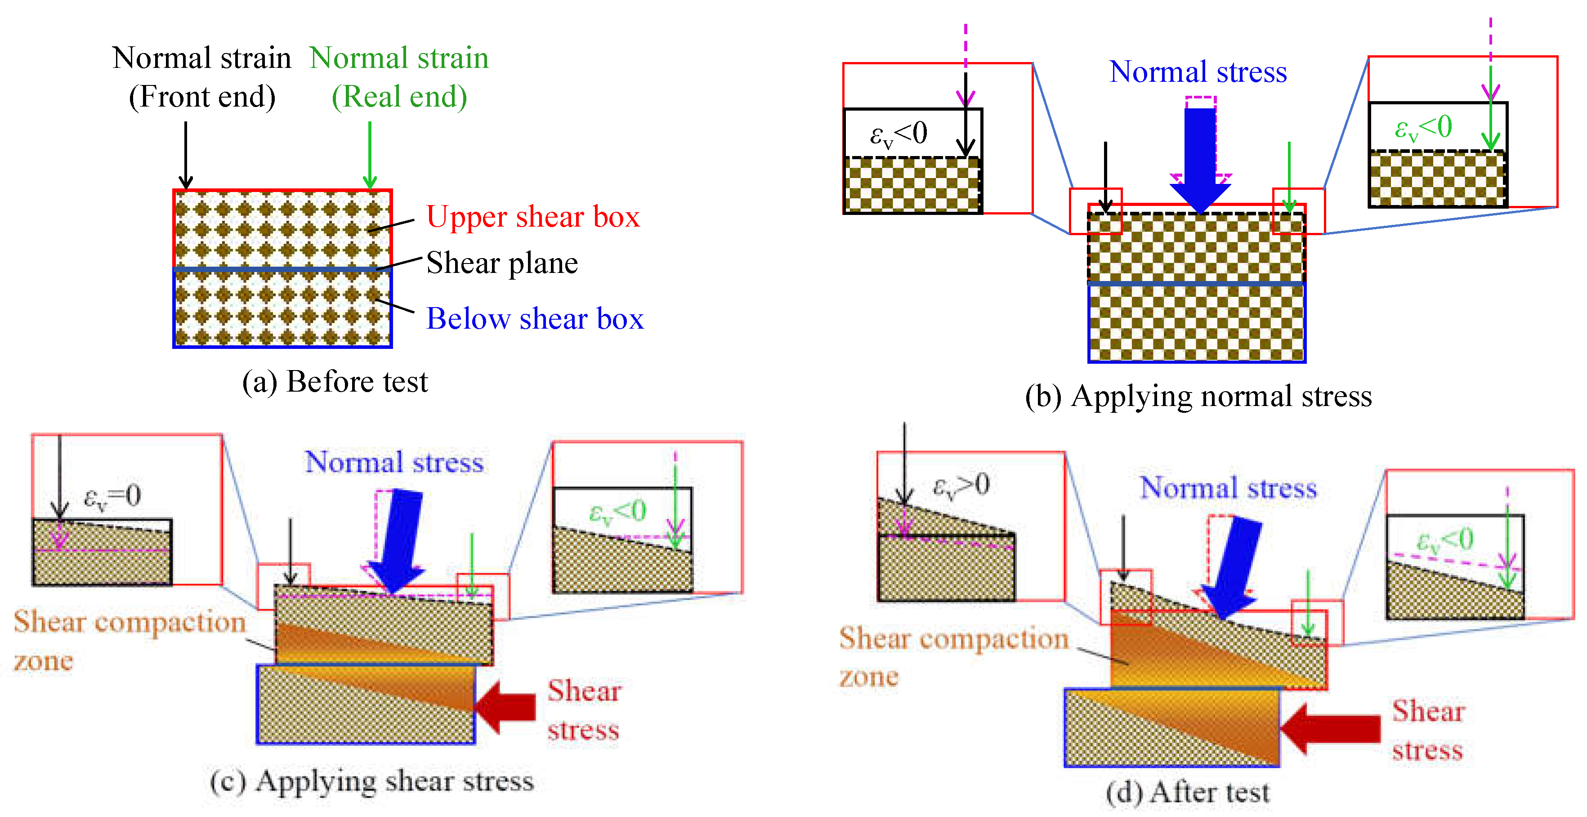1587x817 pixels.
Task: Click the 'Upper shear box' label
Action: pyautogui.click(x=533, y=217)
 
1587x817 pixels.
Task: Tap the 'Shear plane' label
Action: pyautogui.click(x=502, y=263)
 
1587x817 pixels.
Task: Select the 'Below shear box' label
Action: pyautogui.click(x=535, y=318)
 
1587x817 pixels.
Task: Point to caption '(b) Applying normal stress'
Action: pyautogui.click(x=1198, y=396)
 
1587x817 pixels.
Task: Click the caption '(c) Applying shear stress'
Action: pyautogui.click(x=371, y=781)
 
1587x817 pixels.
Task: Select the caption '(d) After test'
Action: pyautogui.click(x=1187, y=792)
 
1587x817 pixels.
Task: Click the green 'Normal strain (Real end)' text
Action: pyautogui.click(x=399, y=77)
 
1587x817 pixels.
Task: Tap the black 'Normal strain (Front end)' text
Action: pyautogui.click(x=201, y=77)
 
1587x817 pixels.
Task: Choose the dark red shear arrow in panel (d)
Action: pyautogui.click(x=1330, y=729)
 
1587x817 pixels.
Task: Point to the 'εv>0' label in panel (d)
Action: pyautogui.click(x=961, y=486)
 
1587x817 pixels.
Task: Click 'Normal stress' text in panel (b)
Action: pyautogui.click(x=1198, y=72)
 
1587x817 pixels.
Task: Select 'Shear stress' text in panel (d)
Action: pyautogui.click(x=1428, y=731)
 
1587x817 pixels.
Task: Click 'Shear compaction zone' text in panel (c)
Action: pyautogui.click(x=130, y=641)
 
